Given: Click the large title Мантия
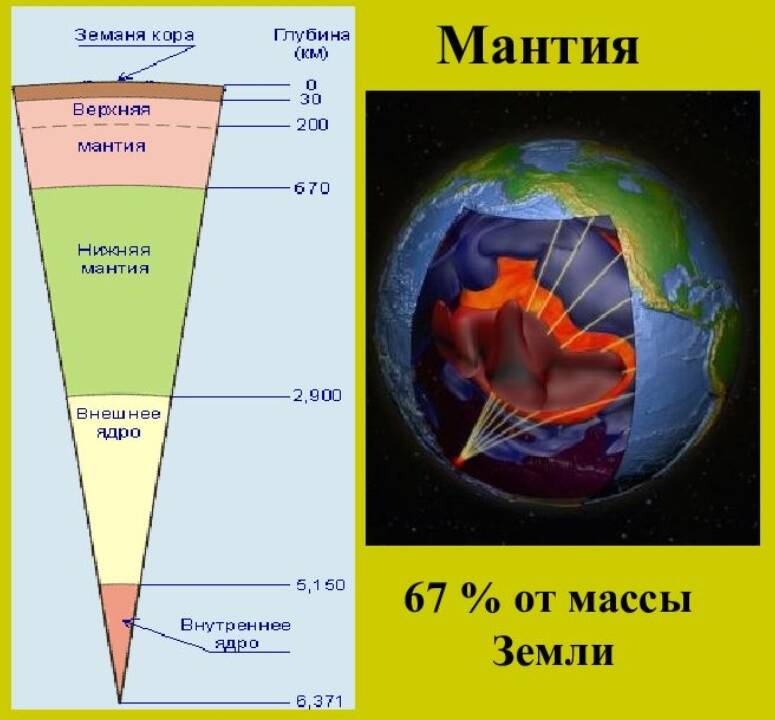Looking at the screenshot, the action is tap(538, 45).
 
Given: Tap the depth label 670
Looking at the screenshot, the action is tap(311, 188).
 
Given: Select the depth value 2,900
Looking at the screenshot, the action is tap(317, 395).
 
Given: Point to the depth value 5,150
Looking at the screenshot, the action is tap(320, 585).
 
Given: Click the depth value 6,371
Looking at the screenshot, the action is tap(319, 701).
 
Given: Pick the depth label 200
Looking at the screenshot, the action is tap(312, 125).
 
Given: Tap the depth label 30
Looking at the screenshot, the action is tap(310, 99).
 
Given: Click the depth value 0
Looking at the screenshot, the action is tap(311, 85).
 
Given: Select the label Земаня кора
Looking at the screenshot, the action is tap(134, 35).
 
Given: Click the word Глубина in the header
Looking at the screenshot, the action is tap(312, 35).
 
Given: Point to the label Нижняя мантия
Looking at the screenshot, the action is tap(114, 259).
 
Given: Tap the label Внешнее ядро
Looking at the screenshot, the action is tap(119, 423).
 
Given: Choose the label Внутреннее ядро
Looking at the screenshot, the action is tap(236, 634).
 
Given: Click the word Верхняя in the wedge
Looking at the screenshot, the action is tap(112, 109).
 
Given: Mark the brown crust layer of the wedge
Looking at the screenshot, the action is tap(118, 92).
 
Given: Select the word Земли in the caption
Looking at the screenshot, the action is tap(553, 650).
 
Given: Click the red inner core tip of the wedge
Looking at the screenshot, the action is tap(119, 637).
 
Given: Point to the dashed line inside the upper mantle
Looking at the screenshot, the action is tap(117, 127).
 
